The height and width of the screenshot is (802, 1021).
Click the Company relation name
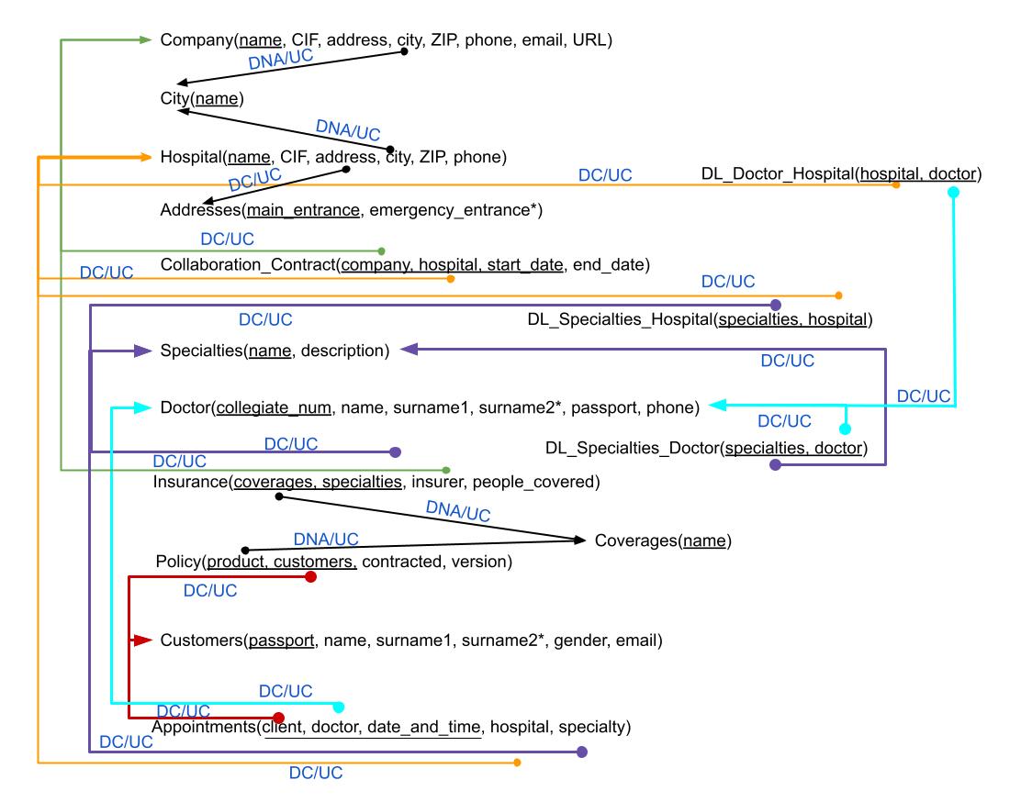pyautogui.click(x=195, y=40)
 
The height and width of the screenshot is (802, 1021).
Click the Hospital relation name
pyautogui.click(x=190, y=157)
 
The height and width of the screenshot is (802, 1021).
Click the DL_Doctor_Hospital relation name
pyautogui.click(x=776, y=173)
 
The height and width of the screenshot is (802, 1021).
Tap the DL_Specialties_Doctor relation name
pyautogui.click(x=631, y=449)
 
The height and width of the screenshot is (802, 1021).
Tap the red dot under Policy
pyautogui.click(x=310, y=576)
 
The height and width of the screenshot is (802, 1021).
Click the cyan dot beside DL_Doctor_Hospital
pyautogui.click(x=953, y=193)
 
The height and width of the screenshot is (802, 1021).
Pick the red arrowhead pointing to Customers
pyautogui.click(x=141, y=640)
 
